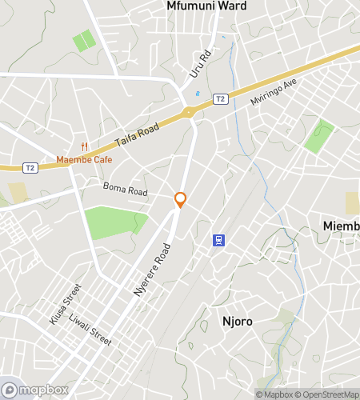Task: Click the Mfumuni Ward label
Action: pos(206,6)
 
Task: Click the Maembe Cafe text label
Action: pos(85,159)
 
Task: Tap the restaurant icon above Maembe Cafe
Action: pos(84,146)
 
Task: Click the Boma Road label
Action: pos(126,192)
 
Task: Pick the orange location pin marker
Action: pos(181,200)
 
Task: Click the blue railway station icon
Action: pos(217,239)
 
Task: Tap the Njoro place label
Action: pos(237,322)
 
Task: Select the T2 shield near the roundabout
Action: pos(221,98)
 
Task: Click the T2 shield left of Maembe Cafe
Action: pos(30,167)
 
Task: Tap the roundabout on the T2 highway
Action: pos(190,113)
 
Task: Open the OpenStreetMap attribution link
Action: pos(328,394)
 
